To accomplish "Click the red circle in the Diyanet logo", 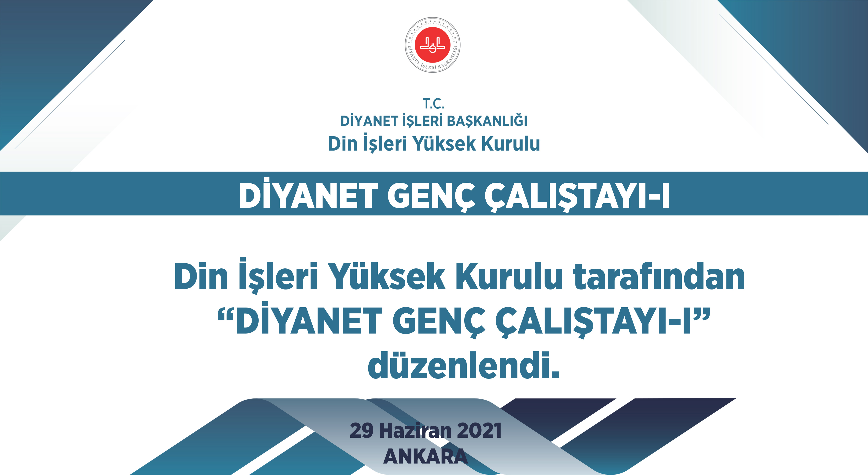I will coord(432,45).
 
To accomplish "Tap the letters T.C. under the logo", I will coord(434,104).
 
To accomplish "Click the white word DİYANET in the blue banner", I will coord(308,196).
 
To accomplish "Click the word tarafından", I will coord(659,277).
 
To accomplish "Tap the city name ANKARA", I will coord(425,456).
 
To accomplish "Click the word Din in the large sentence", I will coord(201,277).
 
